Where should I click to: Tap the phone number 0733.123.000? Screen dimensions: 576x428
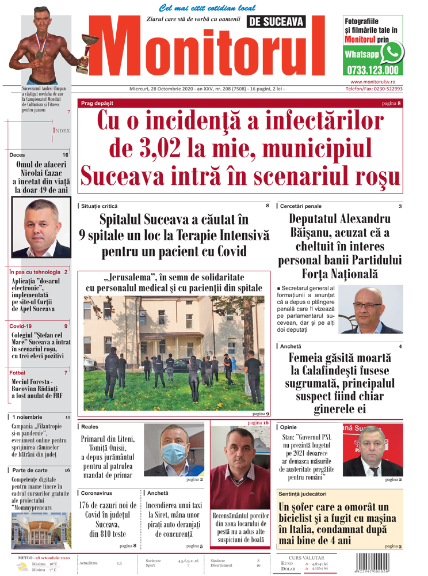tap(372, 71)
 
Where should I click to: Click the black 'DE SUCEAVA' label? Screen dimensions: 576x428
tap(277, 22)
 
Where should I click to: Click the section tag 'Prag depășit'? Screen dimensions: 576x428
tap(97, 103)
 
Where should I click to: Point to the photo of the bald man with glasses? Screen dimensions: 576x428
tap(372, 310)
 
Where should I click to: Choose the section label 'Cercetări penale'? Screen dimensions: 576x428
tap(301, 206)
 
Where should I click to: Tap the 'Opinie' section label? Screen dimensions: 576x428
tap(289, 427)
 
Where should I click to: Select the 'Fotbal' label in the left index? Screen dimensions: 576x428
tap(18, 373)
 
